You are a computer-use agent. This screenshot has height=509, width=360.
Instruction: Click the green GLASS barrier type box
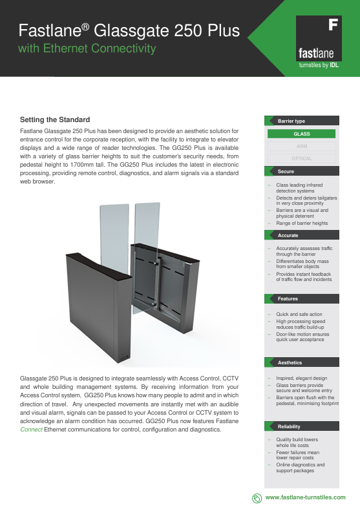(x=301, y=134)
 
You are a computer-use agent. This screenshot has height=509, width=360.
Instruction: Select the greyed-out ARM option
(x=301, y=146)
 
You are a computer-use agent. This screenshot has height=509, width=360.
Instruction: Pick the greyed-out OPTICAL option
(x=301, y=158)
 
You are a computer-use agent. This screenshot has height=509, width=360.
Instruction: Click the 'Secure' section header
(x=286, y=172)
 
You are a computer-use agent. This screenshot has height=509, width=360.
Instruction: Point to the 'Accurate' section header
(x=288, y=235)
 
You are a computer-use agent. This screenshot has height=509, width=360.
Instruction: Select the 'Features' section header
(x=288, y=299)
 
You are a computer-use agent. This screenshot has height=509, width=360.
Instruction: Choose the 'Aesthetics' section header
(x=290, y=363)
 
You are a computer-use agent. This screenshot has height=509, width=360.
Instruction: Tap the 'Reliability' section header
(x=289, y=427)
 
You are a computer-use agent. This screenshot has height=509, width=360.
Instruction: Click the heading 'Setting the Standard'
(x=55, y=119)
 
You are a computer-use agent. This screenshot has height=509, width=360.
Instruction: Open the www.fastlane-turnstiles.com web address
(x=306, y=497)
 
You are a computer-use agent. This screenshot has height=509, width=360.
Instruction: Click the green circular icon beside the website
(x=257, y=497)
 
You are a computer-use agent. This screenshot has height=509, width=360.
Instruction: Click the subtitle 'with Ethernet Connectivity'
(x=87, y=48)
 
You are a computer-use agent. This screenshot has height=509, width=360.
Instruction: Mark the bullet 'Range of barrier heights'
(x=302, y=223)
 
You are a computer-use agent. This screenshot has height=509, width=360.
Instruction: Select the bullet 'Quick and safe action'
(x=299, y=314)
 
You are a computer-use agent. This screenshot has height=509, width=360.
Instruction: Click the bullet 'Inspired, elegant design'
(x=302, y=378)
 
